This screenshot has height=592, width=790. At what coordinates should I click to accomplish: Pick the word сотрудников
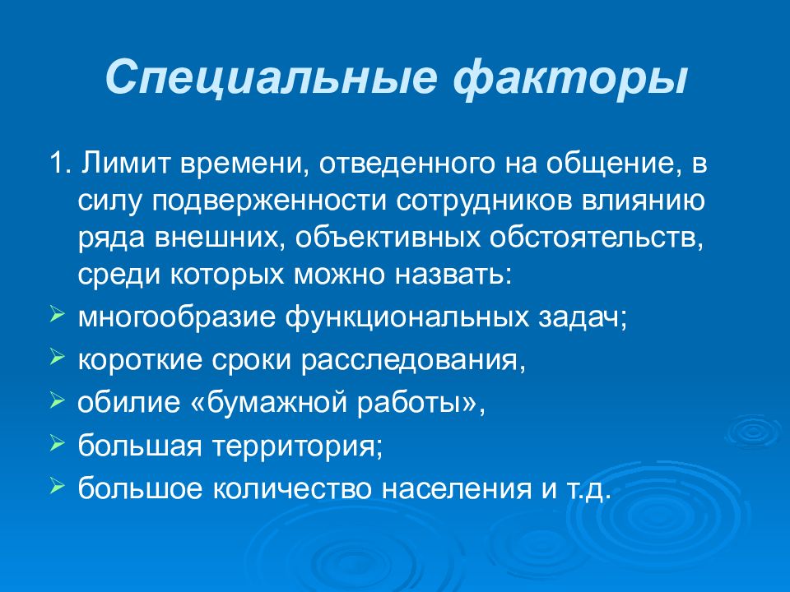tap(480, 200)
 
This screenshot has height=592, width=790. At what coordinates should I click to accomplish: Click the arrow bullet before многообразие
tap(57, 314)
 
